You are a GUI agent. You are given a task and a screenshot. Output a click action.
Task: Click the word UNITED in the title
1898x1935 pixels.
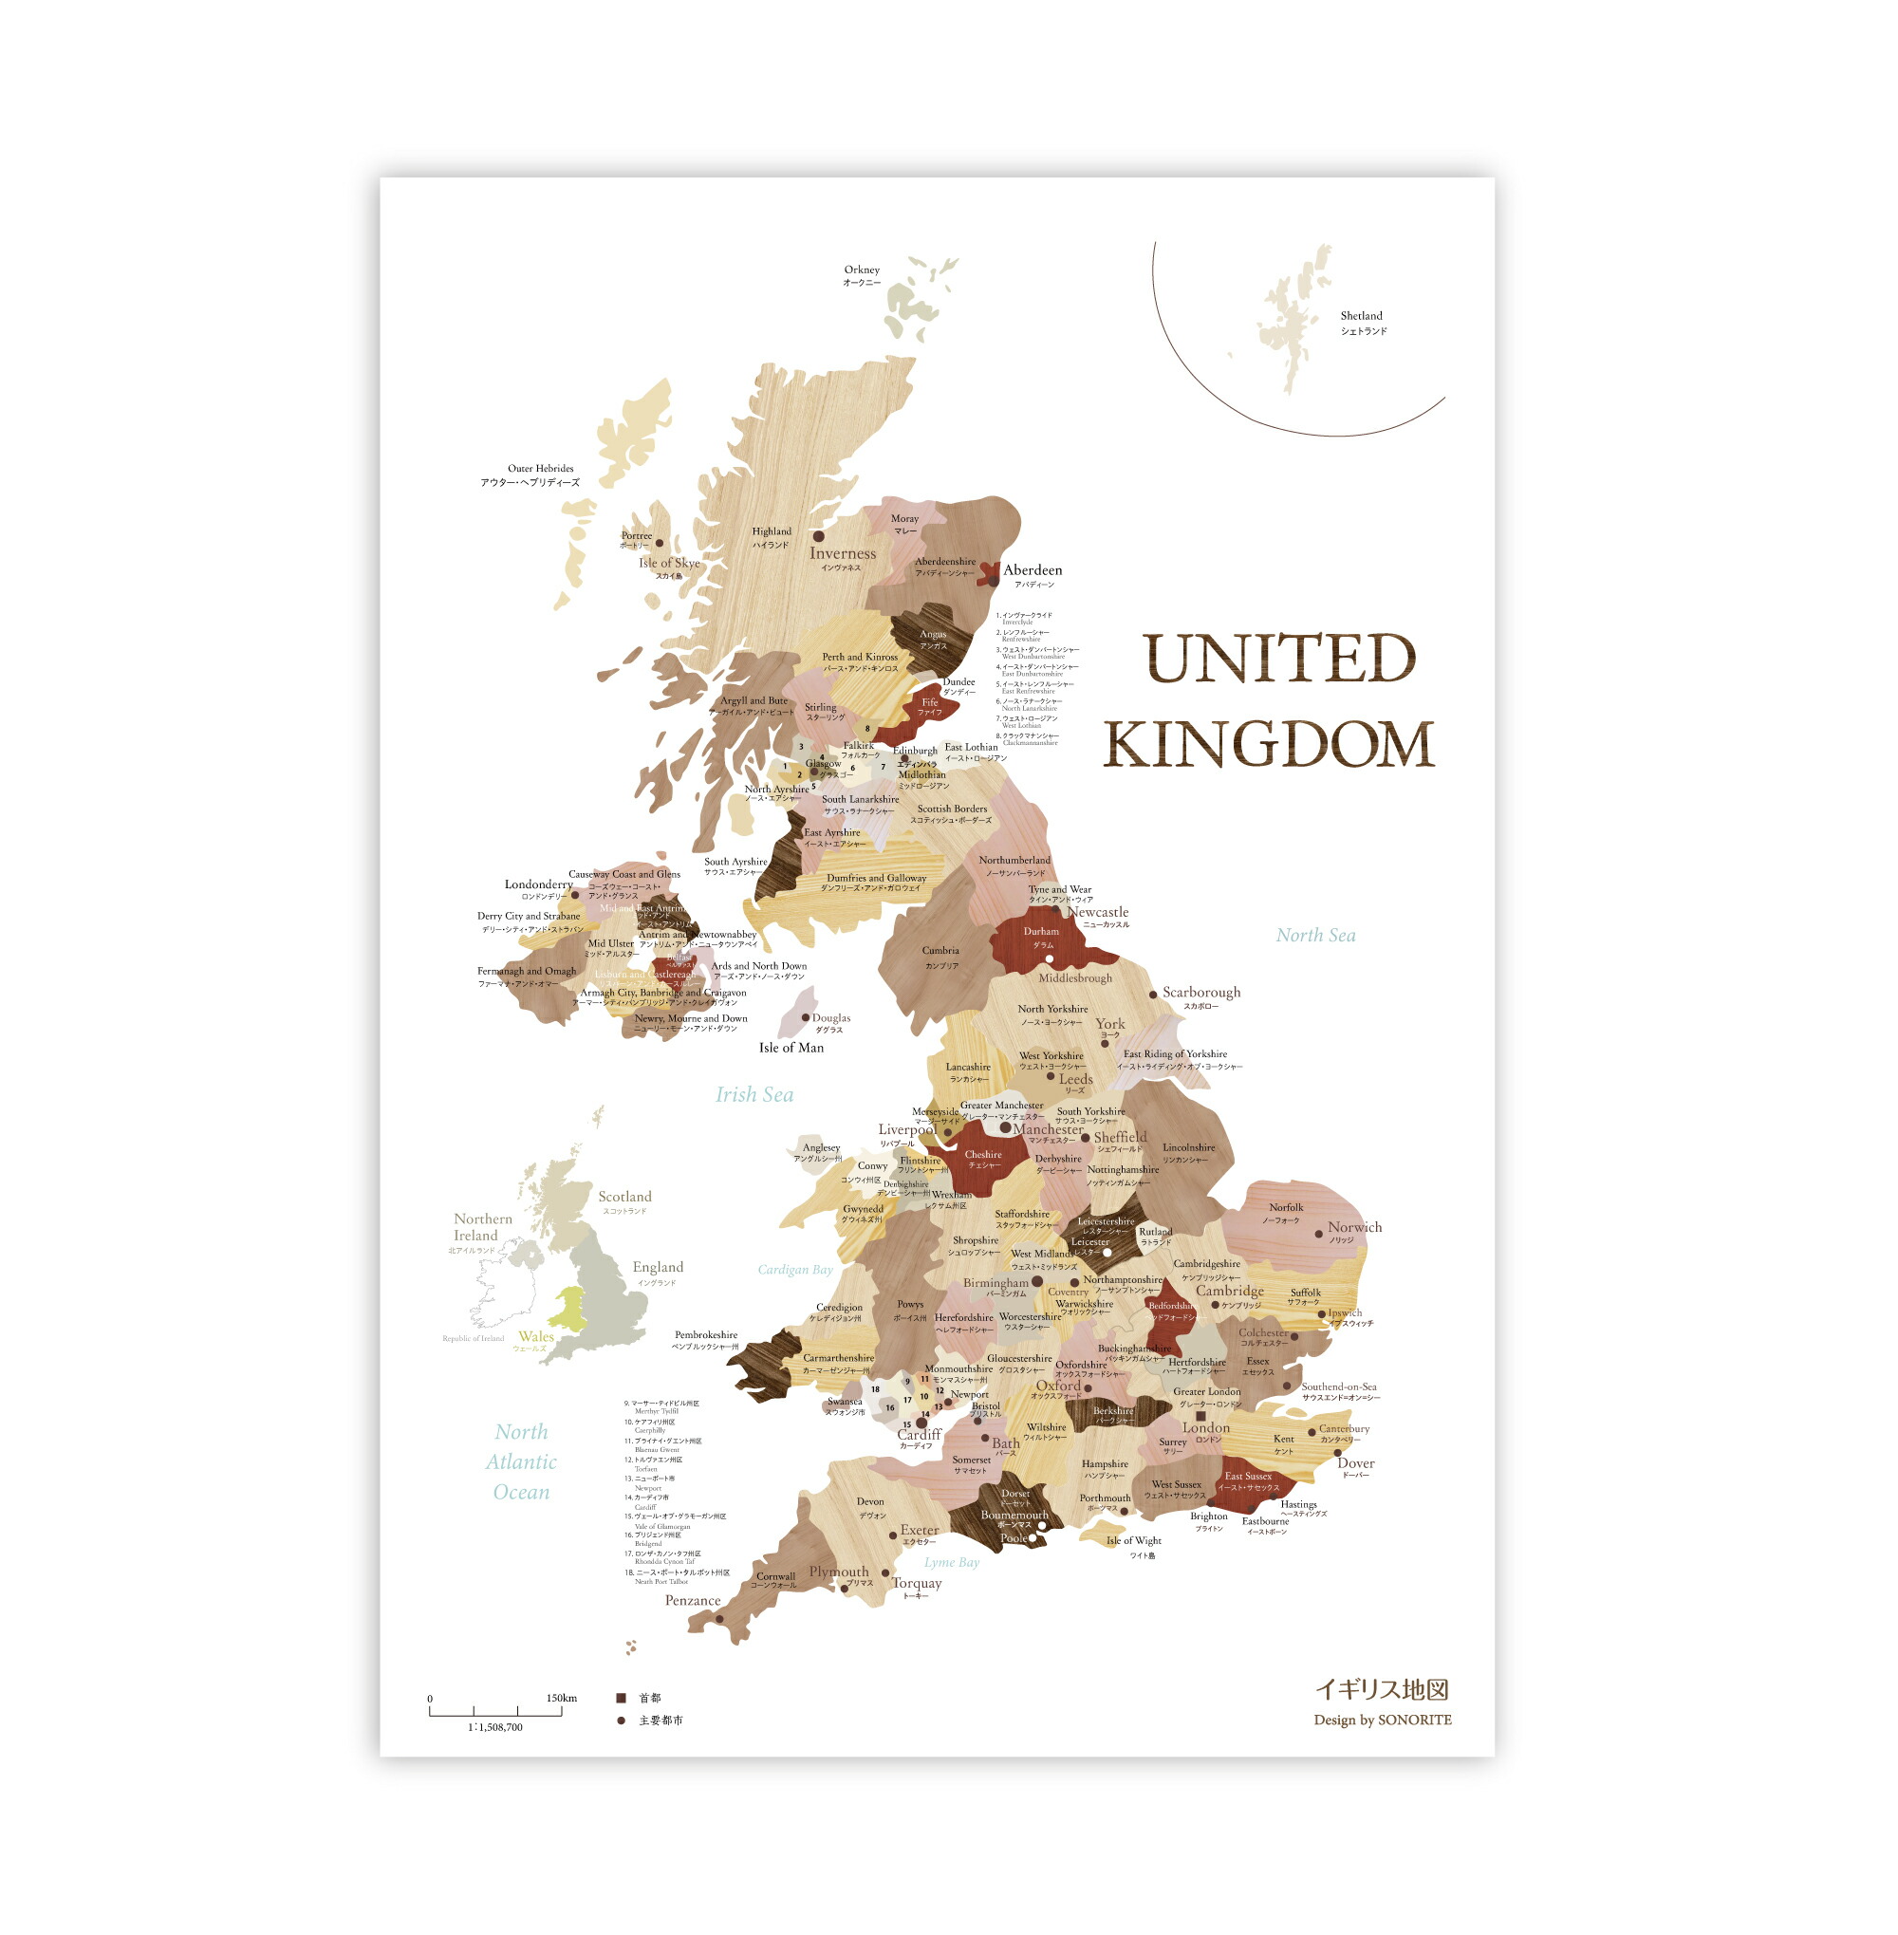[1279, 659]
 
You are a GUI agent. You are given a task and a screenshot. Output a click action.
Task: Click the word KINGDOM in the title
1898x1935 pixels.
[1268, 745]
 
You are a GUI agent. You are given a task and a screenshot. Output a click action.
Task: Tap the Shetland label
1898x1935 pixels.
[1361, 316]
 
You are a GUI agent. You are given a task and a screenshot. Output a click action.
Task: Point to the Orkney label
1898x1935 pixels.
[862, 270]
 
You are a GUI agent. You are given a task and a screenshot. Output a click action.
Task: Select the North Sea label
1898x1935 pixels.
[1315, 935]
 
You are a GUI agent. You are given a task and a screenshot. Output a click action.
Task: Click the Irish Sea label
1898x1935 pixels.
[754, 1094]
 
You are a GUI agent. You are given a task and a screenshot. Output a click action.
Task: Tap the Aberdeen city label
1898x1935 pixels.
[1032, 570]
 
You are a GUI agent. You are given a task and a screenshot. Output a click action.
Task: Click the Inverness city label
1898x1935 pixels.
[843, 553]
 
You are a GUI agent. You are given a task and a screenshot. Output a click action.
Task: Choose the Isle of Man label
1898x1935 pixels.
[791, 1048]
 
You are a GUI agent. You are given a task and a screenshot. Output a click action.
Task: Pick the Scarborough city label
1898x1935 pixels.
[1201, 992]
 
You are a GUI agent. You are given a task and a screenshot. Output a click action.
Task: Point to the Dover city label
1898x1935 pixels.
[1355, 1463]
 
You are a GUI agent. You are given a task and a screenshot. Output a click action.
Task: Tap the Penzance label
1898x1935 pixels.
[692, 1601]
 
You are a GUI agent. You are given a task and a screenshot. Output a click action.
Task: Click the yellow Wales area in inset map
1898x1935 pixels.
[568, 1308]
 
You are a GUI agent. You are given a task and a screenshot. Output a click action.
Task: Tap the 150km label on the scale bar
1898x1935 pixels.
[561, 1698]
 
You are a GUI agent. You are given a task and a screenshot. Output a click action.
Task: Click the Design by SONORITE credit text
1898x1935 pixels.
[1382, 1720]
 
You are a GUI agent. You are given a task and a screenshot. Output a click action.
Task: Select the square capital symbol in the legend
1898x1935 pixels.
[621, 1698]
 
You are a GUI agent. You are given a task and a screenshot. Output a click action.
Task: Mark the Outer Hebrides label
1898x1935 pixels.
[540, 469]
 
